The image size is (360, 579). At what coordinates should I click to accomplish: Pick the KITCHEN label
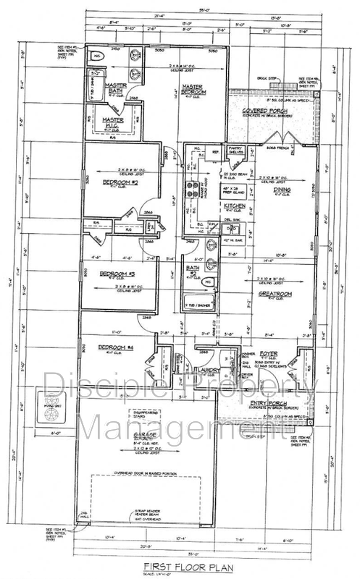tap(235, 206)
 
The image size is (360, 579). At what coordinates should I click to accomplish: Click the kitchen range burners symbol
tap(193, 189)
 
